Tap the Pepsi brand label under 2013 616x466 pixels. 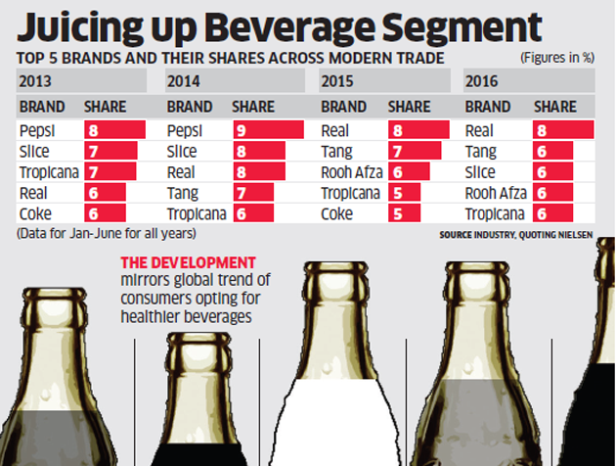36,128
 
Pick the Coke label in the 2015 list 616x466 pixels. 337,213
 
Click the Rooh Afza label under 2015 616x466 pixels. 349,171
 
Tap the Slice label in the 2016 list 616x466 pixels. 480,171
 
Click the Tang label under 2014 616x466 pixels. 183,193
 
